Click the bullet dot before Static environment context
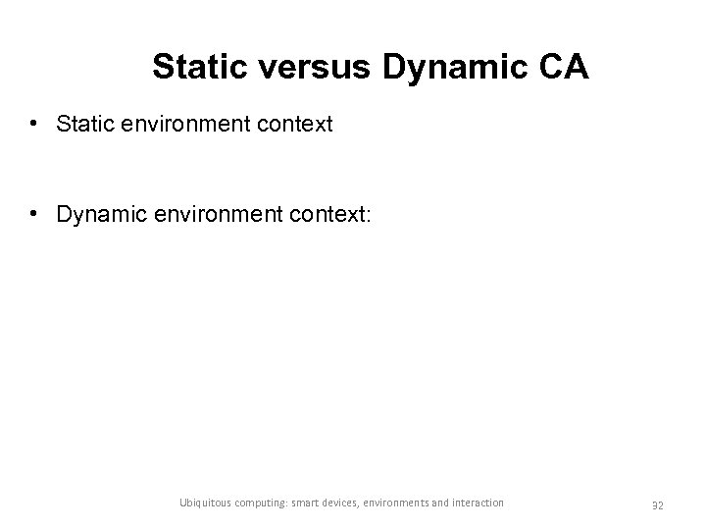(34, 125)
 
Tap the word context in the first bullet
(297, 125)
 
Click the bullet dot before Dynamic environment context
(34, 214)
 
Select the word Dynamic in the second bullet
(96, 214)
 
